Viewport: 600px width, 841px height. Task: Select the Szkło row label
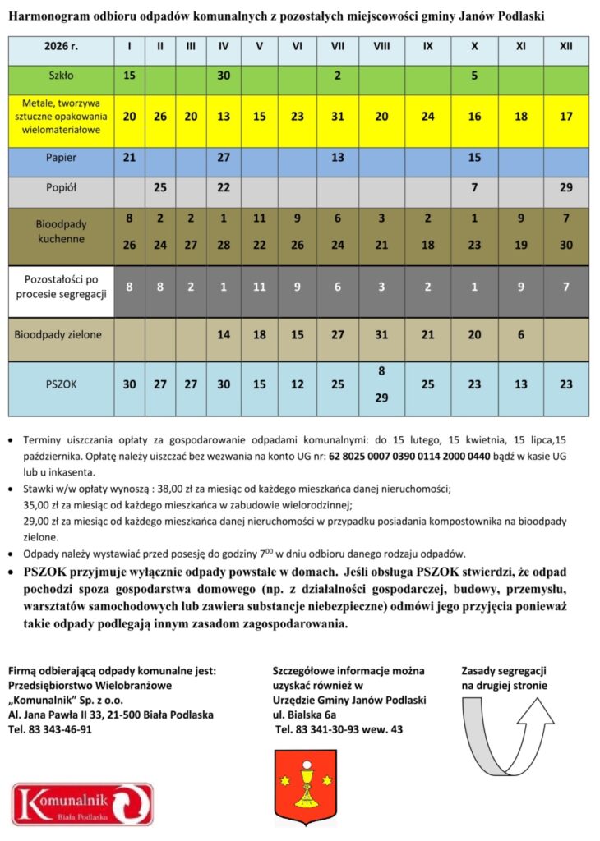click(x=61, y=76)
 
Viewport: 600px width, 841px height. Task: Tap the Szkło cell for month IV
click(x=224, y=76)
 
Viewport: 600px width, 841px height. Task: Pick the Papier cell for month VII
click(x=337, y=157)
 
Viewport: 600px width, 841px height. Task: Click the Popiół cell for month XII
click(x=565, y=188)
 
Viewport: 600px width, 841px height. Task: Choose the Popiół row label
click(x=61, y=188)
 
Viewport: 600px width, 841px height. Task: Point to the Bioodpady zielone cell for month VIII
click(x=381, y=334)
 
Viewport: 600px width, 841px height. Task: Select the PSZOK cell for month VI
click(x=297, y=384)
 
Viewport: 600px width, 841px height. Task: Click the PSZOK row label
click(x=61, y=384)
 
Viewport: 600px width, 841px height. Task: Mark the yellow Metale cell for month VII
click(x=337, y=117)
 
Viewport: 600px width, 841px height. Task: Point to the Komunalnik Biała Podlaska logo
click(x=82, y=805)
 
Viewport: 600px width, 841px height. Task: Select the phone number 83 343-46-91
click(x=58, y=728)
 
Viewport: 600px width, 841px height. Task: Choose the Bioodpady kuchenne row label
click(x=61, y=231)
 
